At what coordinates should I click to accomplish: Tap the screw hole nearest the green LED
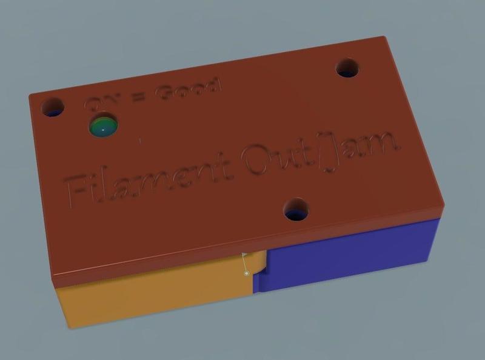coord(52,108)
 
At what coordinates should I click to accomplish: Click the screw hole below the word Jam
coord(296,210)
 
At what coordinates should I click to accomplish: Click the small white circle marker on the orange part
coord(247,273)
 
